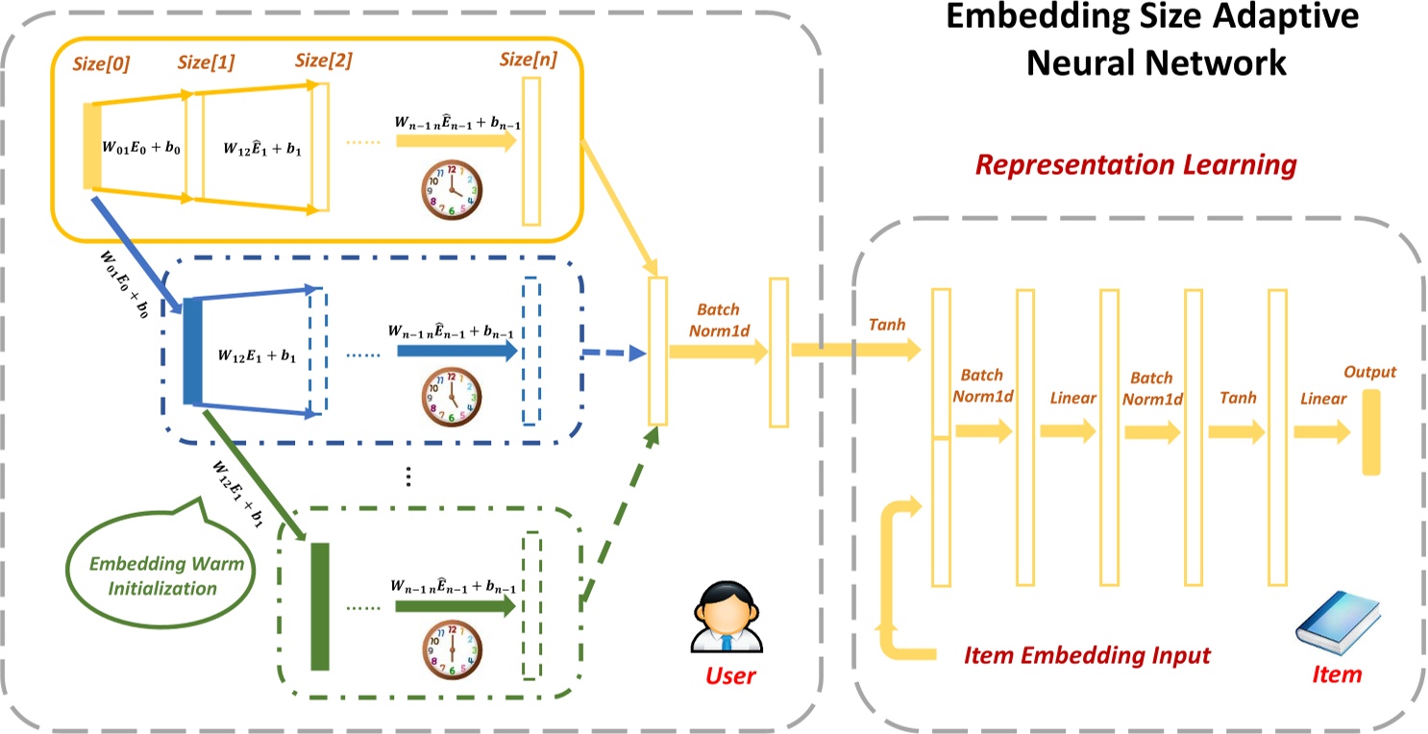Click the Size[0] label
click(x=101, y=64)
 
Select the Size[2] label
click(x=324, y=60)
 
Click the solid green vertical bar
click(x=319, y=606)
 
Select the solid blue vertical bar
click(x=192, y=352)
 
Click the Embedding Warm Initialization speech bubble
click(x=154, y=574)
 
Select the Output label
click(x=1369, y=372)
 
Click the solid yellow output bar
click(x=1370, y=431)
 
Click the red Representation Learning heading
click(x=1136, y=164)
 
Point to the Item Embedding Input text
click(x=1087, y=655)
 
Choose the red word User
click(x=730, y=674)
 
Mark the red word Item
click(x=1337, y=673)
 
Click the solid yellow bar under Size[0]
click(x=92, y=145)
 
